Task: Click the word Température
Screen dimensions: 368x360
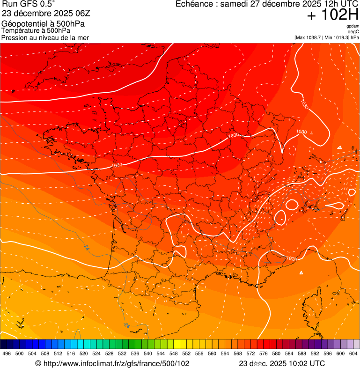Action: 22,30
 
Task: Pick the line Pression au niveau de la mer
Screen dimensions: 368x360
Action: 45,37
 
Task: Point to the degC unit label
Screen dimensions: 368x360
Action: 353,32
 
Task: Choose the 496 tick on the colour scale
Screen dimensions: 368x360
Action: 7,353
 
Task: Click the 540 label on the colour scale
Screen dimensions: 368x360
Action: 148,353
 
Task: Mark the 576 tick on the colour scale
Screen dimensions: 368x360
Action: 264,353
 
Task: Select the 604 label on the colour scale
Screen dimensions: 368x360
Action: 353,353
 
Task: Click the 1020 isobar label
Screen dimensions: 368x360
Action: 291,258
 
